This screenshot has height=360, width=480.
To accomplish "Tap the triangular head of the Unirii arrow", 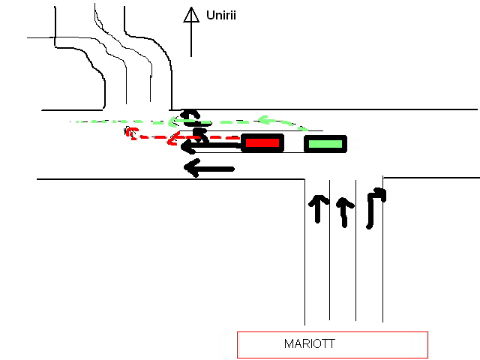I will coord(191,15).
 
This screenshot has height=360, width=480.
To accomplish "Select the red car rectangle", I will coord(262,142).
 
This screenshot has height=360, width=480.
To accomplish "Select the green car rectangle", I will coord(325,142).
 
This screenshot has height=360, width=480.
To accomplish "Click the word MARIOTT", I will coord(310,344).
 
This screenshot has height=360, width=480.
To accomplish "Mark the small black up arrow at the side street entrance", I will coord(193,115).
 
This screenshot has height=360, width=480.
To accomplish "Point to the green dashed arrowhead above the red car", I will coord(264,118).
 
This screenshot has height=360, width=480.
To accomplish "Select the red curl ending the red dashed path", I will coord(131,133).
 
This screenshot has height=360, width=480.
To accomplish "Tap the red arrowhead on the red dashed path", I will coord(174,138).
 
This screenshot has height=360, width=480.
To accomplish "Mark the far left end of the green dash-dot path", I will coord(71,121).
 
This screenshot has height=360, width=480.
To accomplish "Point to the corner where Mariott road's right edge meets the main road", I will coord(383,178).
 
